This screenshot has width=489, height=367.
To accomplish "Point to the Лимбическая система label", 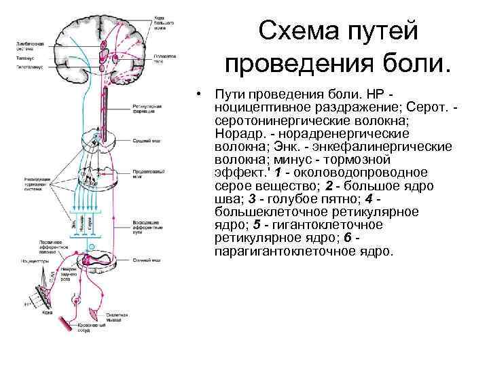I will tap(31, 46).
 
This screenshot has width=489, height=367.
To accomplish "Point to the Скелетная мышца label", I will tap(117, 317).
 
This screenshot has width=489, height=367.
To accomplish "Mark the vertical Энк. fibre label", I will tap(74, 222).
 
